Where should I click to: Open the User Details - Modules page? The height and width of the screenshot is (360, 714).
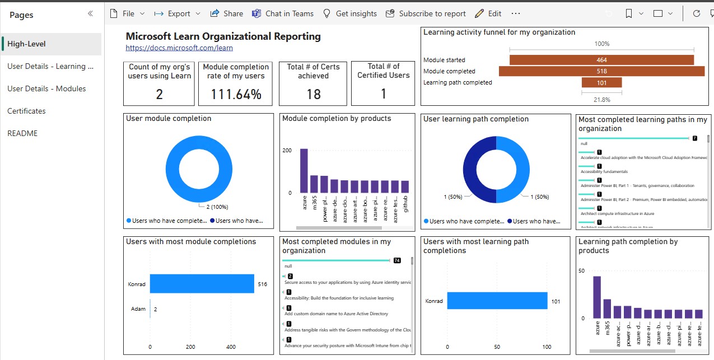(x=46, y=88)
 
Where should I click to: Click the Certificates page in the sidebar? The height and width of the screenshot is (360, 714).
(x=26, y=111)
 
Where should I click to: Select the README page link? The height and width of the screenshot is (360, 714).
(x=22, y=133)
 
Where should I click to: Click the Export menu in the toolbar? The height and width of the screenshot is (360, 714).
(x=179, y=13)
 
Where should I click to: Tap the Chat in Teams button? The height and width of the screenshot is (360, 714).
(x=283, y=13)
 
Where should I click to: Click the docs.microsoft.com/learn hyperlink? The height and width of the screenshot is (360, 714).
(x=179, y=48)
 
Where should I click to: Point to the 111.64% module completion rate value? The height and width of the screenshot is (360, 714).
(x=236, y=95)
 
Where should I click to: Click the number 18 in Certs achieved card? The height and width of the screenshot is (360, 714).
(x=314, y=95)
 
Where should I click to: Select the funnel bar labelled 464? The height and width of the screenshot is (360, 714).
(x=601, y=60)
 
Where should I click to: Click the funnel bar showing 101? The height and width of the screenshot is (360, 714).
(x=601, y=83)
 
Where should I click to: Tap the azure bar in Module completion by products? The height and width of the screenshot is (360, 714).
(x=304, y=171)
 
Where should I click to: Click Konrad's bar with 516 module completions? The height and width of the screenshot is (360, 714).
(x=202, y=284)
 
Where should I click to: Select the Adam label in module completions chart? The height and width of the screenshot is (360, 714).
(x=138, y=308)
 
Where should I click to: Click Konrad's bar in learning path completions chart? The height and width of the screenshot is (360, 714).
(x=497, y=301)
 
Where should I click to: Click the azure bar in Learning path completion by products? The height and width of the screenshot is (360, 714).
(x=597, y=297)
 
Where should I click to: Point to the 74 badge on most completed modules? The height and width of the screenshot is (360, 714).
(x=397, y=260)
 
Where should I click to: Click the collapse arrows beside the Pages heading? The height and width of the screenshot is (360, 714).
(x=90, y=14)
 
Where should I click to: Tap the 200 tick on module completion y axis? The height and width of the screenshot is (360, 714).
(x=287, y=151)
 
